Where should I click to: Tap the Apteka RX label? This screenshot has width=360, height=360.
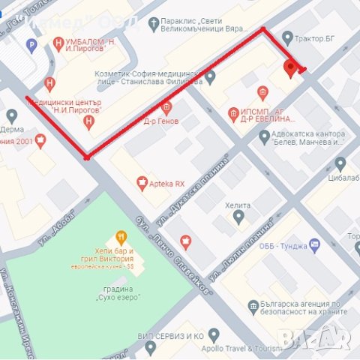pyautogui.click(x=167, y=183)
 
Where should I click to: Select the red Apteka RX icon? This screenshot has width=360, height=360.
pyautogui.click(x=142, y=182)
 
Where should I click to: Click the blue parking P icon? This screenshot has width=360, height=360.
pyautogui.click(x=31, y=46)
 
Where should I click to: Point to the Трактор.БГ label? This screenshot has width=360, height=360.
pyautogui.click(x=315, y=37)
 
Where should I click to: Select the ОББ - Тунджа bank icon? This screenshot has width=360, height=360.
pyautogui.click(x=314, y=244)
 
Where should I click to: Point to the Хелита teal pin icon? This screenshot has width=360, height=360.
pyautogui.click(x=238, y=217)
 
